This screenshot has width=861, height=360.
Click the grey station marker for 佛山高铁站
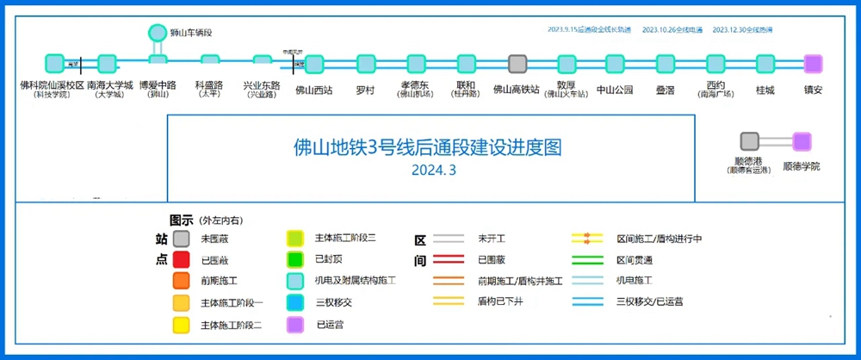517,64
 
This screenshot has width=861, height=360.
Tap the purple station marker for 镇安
813,64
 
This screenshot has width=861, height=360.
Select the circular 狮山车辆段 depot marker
158,33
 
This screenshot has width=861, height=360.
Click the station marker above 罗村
365,64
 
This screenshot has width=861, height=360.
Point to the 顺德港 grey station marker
749,141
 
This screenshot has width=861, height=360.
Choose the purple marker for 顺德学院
802,141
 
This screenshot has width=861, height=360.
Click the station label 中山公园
615,88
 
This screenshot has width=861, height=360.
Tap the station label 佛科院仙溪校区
53,86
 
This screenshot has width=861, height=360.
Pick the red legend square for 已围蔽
181,258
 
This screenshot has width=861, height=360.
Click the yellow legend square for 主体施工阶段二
181,325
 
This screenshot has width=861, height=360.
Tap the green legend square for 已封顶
295,258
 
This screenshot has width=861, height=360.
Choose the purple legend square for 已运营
295,325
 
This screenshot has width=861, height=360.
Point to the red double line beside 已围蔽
449,258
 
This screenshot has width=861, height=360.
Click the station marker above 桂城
765,64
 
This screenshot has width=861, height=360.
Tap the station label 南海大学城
110,86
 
